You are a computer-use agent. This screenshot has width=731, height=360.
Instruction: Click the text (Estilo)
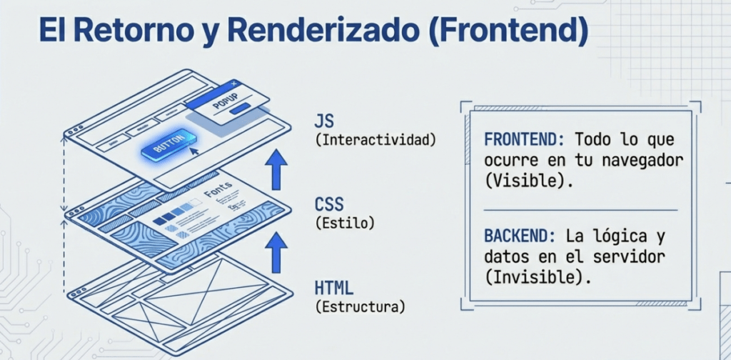(344, 224)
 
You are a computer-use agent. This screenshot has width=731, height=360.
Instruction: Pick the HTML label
(333, 289)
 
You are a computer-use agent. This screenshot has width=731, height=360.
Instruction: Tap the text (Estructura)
(360, 309)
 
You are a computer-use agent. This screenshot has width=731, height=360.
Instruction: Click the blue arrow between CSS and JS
(276, 169)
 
